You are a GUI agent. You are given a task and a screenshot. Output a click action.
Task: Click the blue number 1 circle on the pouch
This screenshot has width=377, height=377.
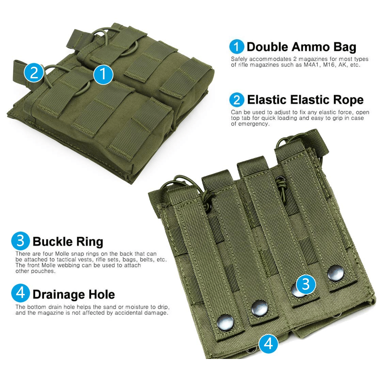point(103,75)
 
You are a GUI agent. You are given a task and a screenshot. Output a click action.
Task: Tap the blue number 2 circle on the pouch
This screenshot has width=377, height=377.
point(34,72)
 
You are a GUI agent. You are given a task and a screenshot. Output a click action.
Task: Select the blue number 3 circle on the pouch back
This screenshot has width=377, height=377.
point(305,284)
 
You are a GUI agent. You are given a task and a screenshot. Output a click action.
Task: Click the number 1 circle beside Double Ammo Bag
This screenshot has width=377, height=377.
point(237,47)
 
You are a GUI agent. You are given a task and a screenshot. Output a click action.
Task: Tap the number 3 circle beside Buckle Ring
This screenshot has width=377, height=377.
point(21,241)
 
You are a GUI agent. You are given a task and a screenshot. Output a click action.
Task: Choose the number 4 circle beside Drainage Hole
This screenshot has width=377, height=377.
point(21,293)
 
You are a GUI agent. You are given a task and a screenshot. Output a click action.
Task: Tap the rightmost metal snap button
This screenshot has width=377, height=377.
point(335,273)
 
